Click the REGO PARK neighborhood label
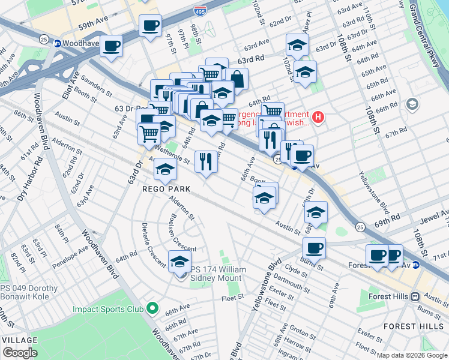point(166,188)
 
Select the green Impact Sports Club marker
point(152,309)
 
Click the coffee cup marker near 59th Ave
point(150,26)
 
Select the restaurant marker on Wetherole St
point(205,161)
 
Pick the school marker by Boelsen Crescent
point(179,263)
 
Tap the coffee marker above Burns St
point(313,247)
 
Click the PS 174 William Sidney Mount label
point(218,274)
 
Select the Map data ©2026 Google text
point(412,355)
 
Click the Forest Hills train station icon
point(414,296)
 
